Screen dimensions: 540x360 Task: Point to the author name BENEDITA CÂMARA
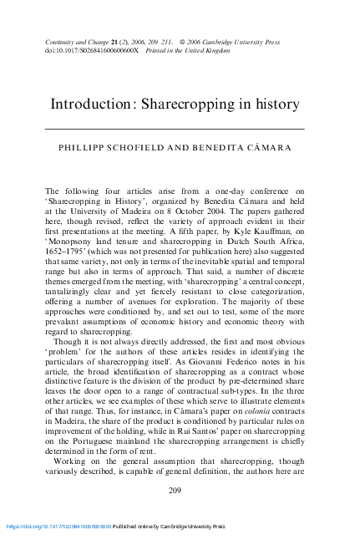click(242, 147)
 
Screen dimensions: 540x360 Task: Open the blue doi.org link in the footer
click(59, 527)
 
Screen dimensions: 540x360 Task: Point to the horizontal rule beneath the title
click(175, 129)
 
